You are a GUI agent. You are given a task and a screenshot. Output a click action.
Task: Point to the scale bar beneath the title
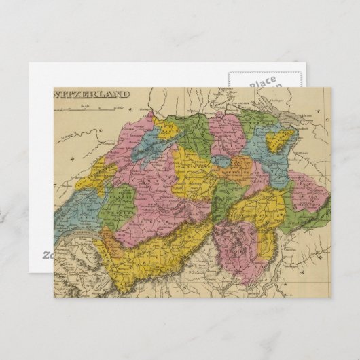[88, 109]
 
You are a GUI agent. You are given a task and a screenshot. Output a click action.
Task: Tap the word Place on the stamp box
[262, 83]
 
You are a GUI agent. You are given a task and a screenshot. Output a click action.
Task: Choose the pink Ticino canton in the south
[234, 238]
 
